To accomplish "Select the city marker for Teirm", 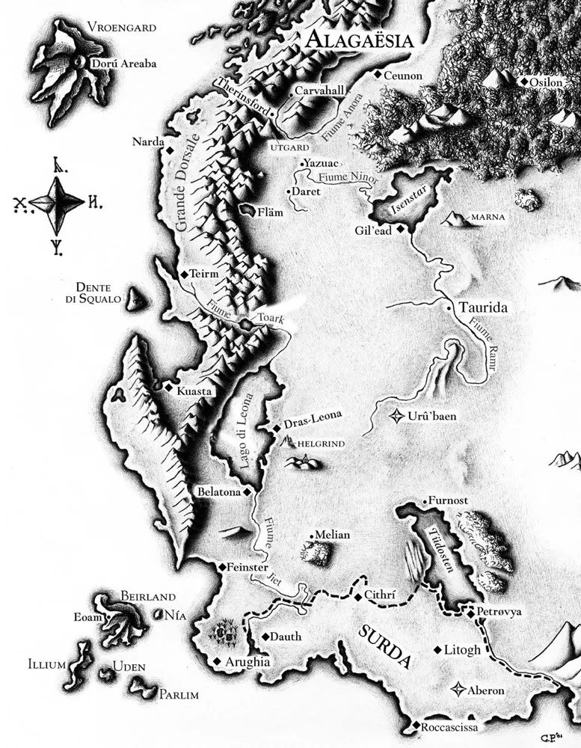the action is pos(185,275).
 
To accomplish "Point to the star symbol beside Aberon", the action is pos(458,690).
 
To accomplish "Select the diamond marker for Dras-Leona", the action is pos(277,427).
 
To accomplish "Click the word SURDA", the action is pos(384,645).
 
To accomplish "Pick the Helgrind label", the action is pos(321,444).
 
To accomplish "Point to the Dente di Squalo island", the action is pos(135,300).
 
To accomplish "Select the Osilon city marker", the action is pos(525,81).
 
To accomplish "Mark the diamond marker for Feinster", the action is pos(221,568).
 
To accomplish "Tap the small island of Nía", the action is pos(159,615).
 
